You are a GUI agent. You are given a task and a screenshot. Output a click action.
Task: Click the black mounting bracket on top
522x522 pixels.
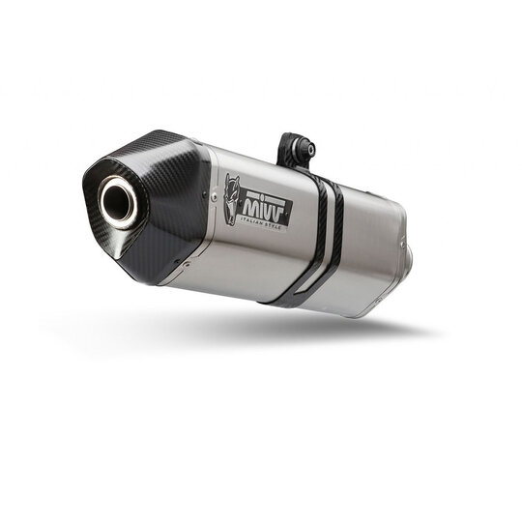pos(293,150)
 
